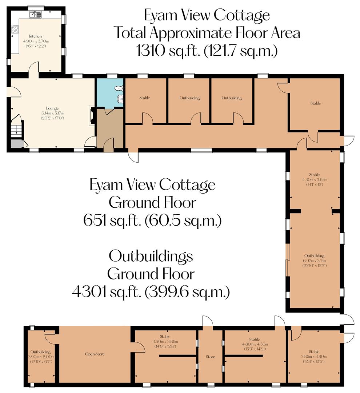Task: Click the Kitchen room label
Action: point(35,36)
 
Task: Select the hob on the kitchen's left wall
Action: point(15,29)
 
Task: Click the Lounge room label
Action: point(52,108)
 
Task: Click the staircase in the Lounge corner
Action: point(16,130)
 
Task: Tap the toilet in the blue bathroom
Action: point(119,88)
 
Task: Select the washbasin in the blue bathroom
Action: point(120,98)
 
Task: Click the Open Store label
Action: point(95,354)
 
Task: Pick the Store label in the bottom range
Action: point(210,357)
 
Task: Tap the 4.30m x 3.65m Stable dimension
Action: point(314,179)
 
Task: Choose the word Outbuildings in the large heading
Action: point(151,256)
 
